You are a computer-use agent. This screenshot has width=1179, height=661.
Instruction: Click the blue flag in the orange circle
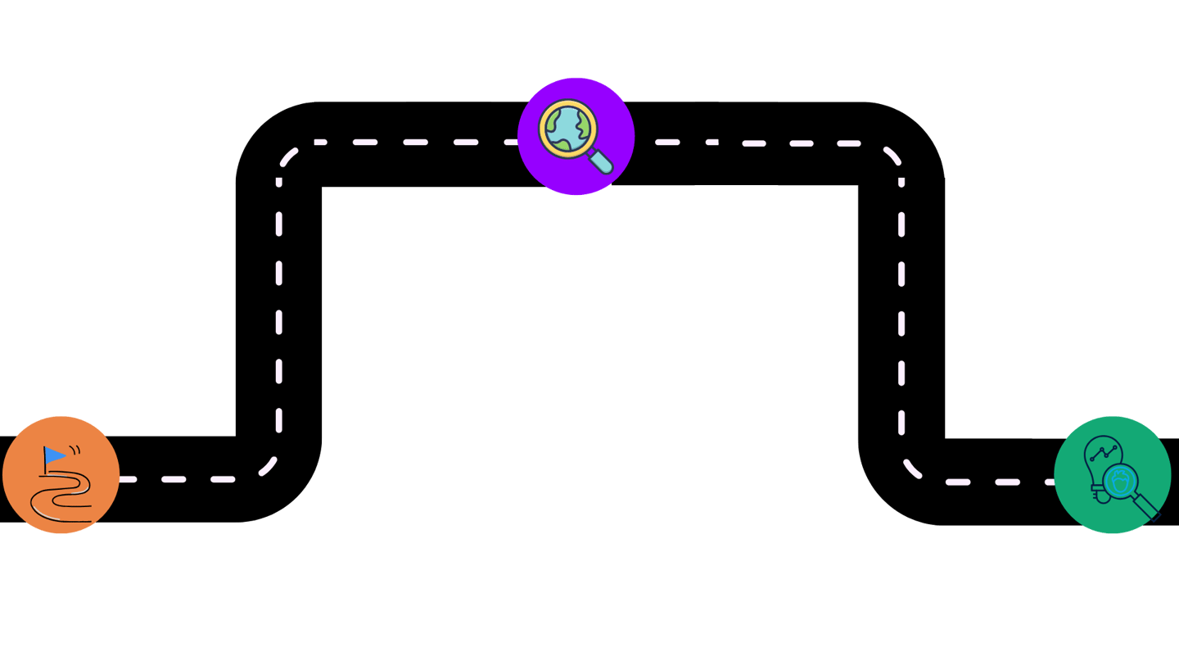coord(54,455)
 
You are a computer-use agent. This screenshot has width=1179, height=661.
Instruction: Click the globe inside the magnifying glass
coord(567,127)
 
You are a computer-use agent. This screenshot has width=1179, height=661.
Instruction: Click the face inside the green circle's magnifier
coord(1118,482)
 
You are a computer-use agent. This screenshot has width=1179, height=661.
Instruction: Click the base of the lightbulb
coord(1098,493)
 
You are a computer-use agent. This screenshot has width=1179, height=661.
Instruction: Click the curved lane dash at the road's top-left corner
coord(287,154)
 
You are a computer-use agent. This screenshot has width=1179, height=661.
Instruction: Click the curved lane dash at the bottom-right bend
coord(912,469)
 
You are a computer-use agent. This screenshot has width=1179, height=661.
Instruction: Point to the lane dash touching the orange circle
coord(128,479)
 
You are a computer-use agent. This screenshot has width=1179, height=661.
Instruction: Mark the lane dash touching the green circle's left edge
coord(1049,482)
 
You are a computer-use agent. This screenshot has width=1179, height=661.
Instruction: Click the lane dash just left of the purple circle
coord(507,143)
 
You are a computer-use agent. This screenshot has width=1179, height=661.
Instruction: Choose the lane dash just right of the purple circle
coord(666,143)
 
